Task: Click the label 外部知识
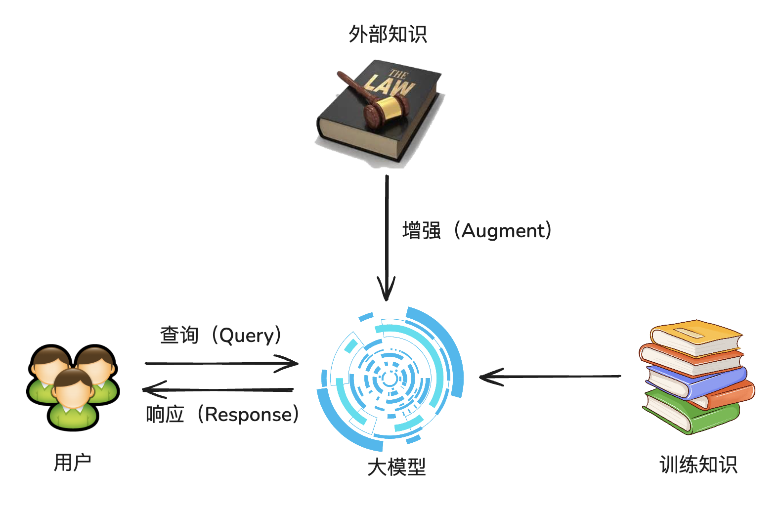point(388,34)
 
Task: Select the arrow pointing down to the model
point(387,237)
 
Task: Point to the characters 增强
point(421,231)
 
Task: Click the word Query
point(246,336)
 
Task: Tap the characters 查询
point(179,336)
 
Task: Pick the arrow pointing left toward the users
point(217,390)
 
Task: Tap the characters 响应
point(165,415)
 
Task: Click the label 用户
point(72,463)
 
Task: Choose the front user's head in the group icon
point(73,387)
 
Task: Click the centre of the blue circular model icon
point(390,380)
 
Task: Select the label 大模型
point(396,467)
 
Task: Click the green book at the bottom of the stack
point(692,413)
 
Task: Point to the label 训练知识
point(698,465)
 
